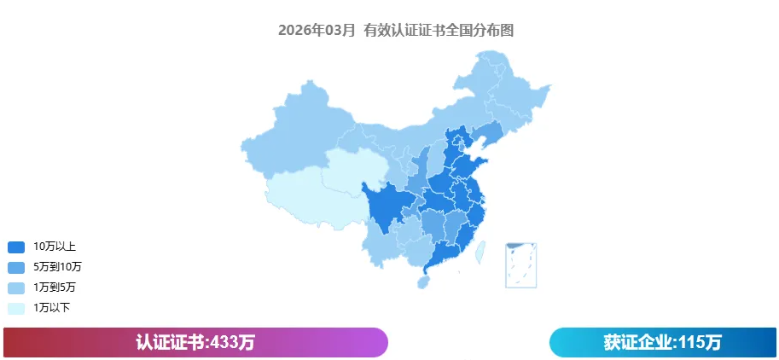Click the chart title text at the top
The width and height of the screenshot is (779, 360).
(x=395, y=30)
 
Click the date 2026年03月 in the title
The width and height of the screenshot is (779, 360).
(x=317, y=30)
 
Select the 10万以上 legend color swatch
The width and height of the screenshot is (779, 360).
(x=16, y=247)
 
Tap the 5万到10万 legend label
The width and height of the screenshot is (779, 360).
(x=57, y=267)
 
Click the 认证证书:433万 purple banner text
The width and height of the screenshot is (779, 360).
(x=195, y=342)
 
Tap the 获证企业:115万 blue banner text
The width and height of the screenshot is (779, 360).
(x=662, y=342)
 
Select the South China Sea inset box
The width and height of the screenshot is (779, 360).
(x=520, y=265)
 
